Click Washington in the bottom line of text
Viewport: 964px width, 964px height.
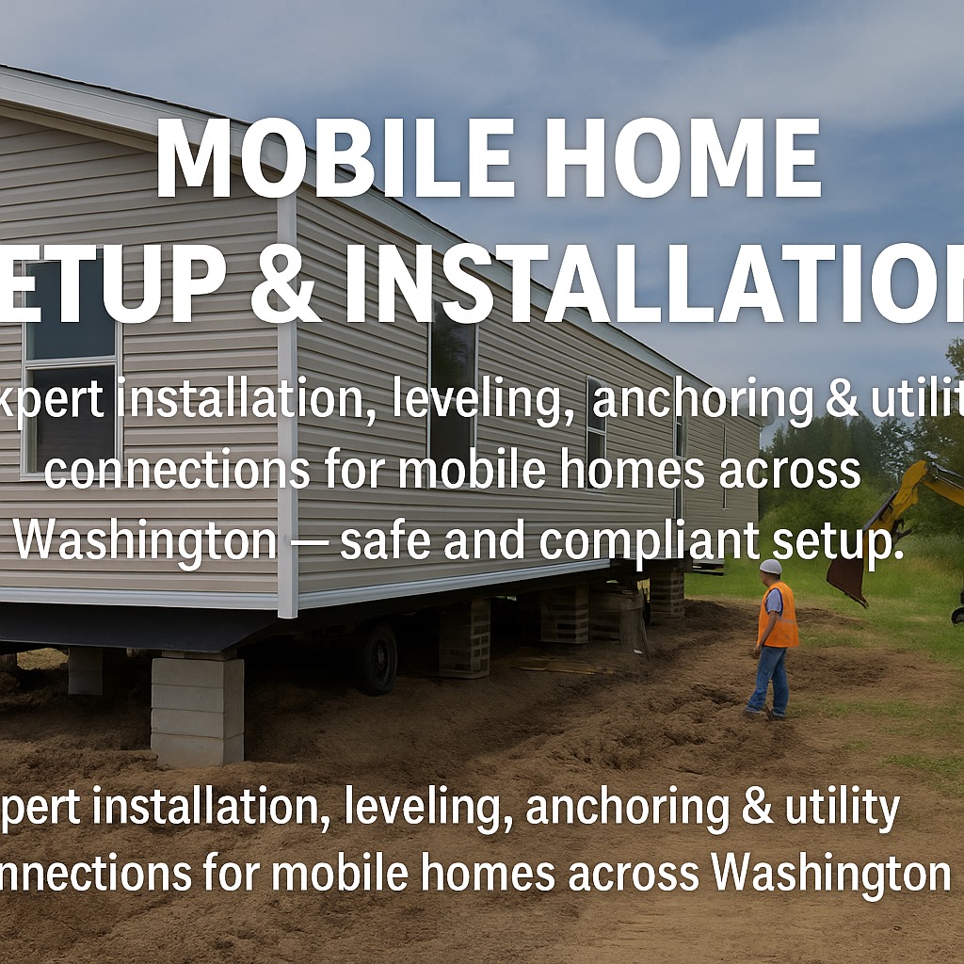tap(829, 873)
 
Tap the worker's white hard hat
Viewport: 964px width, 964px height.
tap(771, 567)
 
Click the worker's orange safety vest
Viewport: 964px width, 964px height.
tap(778, 615)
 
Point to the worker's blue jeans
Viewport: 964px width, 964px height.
tap(768, 678)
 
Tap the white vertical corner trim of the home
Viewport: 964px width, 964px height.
tap(287, 405)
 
